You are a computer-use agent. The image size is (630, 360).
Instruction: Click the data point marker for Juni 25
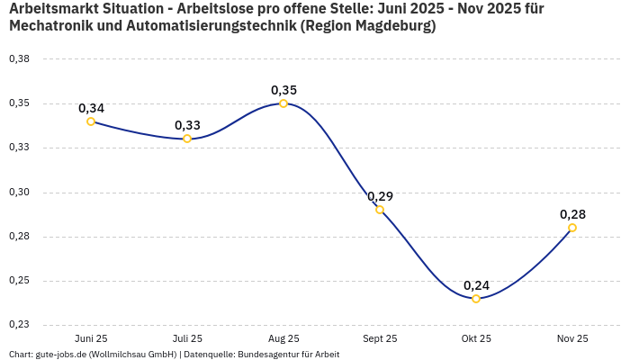(x=91, y=121)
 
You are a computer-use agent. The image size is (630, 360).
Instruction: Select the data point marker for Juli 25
(x=187, y=139)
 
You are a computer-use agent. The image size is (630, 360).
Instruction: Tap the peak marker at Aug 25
(x=283, y=103)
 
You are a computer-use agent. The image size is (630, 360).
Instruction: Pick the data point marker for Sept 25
(x=380, y=210)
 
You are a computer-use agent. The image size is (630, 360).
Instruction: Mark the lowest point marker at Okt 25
(x=476, y=299)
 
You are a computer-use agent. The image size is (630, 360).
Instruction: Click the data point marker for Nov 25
(x=572, y=228)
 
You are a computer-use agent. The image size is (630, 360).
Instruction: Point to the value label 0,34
(x=91, y=108)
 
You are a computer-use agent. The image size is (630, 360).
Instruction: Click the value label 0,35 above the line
(x=283, y=90)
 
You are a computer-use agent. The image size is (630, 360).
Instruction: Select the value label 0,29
(x=380, y=196)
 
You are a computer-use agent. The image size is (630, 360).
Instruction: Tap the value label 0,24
(x=476, y=285)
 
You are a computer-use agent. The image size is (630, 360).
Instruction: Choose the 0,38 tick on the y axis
(x=19, y=59)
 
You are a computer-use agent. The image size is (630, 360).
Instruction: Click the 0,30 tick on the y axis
(x=19, y=193)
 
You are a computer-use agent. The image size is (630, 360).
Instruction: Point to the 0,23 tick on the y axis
(x=19, y=325)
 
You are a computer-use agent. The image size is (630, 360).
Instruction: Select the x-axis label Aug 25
(x=283, y=338)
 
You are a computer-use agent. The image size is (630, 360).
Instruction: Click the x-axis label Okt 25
(x=476, y=338)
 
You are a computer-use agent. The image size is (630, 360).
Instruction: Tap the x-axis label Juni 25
(x=91, y=338)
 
